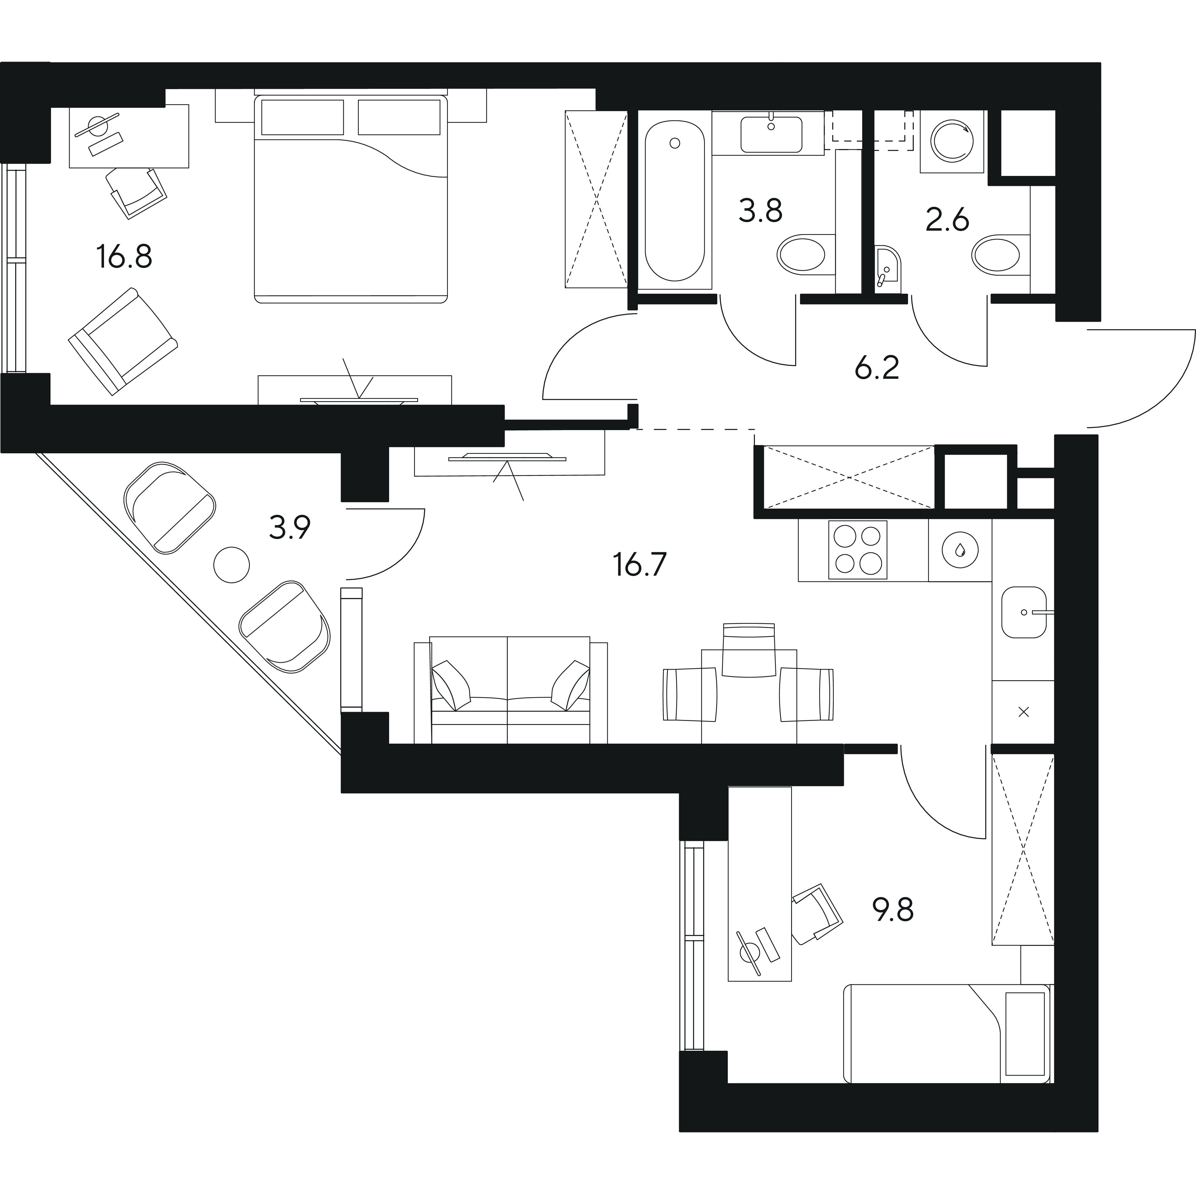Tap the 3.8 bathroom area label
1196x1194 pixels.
tap(761, 211)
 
